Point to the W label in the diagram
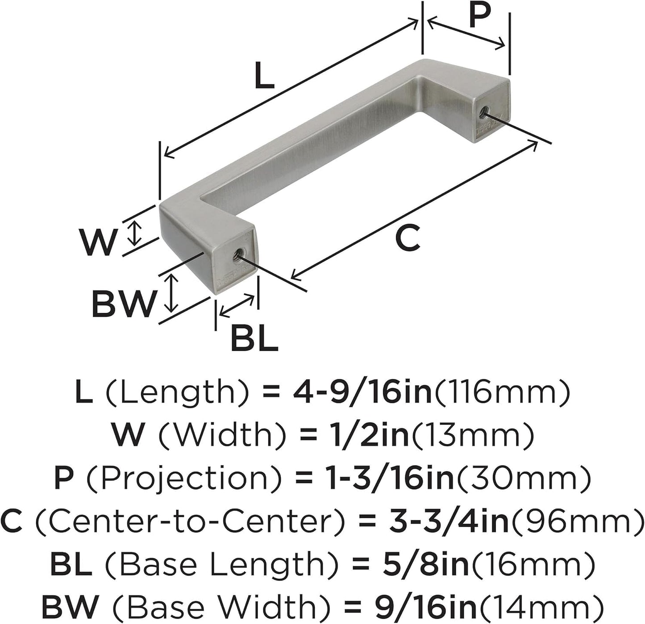(x=98, y=241)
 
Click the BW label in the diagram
(x=124, y=304)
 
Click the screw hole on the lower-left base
(x=237, y=255)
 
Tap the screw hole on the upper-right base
(x=483, y=112)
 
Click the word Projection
(x=183, y=478)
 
